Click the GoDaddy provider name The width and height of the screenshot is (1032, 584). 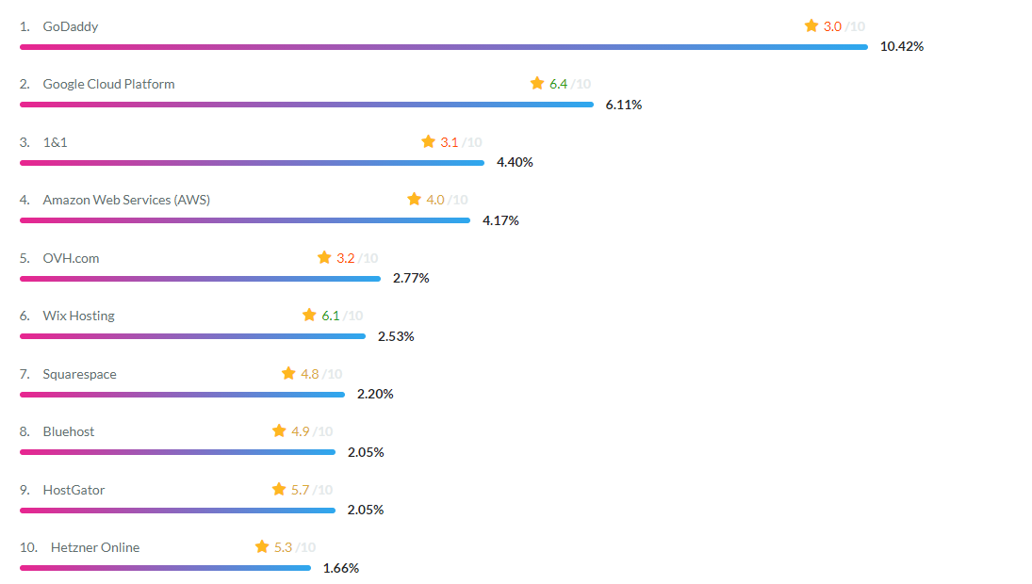tap(70, 26)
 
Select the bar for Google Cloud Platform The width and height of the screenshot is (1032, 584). tap(306, 105)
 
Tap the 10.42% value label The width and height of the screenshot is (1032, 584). tap(901, 46)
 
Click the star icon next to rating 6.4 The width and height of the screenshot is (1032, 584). tap(537, 84)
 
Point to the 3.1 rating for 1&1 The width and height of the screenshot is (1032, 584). tap(449, 142)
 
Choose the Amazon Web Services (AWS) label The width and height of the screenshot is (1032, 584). tap(126, 200)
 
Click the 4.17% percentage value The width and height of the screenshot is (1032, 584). tap(500, 220)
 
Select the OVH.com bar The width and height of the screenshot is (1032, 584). tap(200, 279)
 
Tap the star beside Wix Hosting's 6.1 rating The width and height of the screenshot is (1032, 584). tap(309, 316)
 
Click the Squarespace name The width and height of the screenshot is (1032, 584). tap(79, 374)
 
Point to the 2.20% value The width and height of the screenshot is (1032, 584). tap(375, 394)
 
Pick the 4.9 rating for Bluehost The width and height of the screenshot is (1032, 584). tap(300, 431)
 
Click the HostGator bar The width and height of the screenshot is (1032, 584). tap(177, 511)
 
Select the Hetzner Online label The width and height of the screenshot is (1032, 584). tap(94, 547)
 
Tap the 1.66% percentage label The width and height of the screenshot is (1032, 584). tap(341, 568)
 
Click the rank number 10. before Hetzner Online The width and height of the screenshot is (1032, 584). tap(28, 547)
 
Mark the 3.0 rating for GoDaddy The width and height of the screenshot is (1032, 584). tap(832, 26)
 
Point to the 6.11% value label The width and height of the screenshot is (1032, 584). tap(624, 105)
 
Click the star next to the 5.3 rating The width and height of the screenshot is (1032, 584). tap(262, 547)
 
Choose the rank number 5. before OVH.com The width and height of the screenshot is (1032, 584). tap(25, 258)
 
